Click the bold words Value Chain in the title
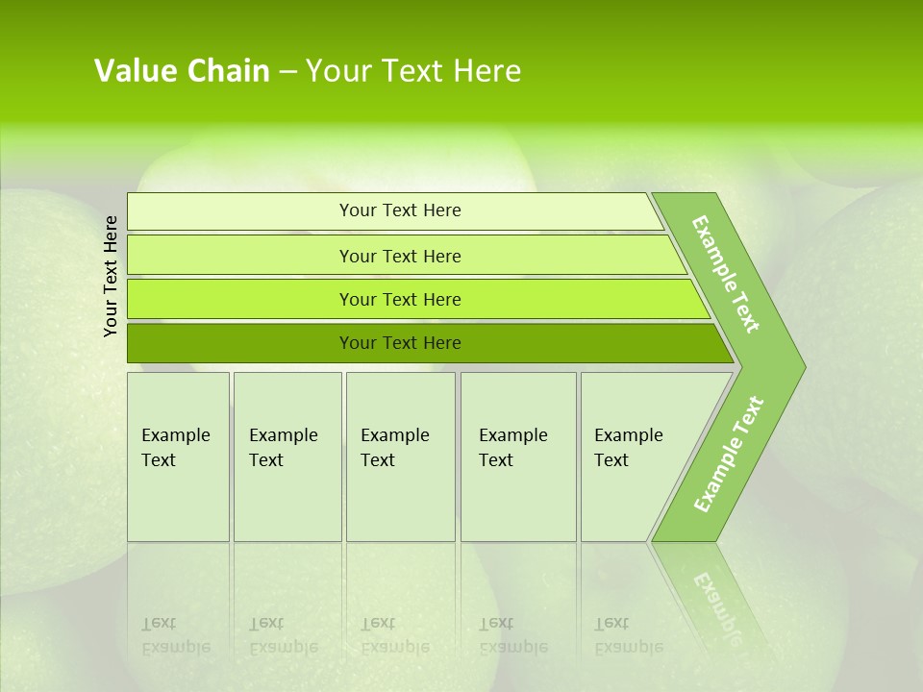pos(182,71)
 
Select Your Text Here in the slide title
pos(413,71)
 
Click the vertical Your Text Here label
pos(112,276)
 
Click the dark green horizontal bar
pos(240,343)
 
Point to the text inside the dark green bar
pos(400,343)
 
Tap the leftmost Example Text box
pos(178,457)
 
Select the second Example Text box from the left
pos(287,457)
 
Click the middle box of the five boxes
pos(400,457)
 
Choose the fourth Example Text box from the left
pos(518,457)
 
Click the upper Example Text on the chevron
pos(726,274)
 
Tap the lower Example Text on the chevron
pos(729,455)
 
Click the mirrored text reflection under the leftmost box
pos(176,635)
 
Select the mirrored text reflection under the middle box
pos(395,635)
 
